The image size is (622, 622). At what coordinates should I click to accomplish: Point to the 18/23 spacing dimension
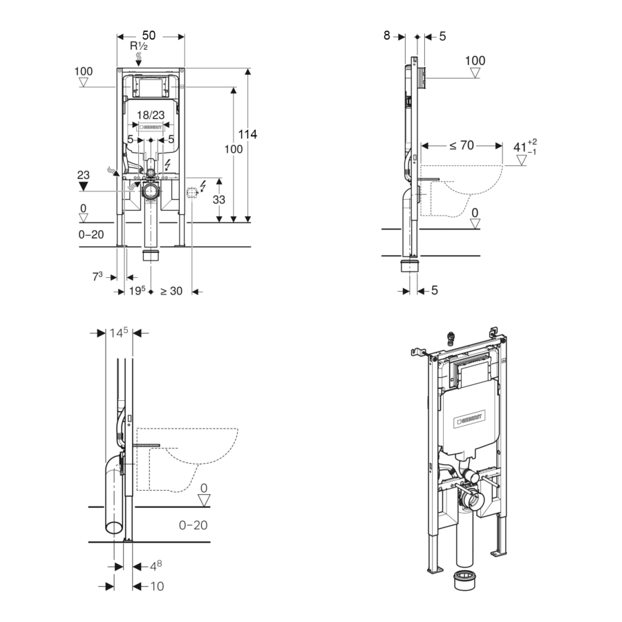(x=150, y=115)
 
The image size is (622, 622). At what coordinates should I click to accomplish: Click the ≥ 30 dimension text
(x=171, y=291)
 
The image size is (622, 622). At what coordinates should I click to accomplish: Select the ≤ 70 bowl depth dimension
(x=461, y=145)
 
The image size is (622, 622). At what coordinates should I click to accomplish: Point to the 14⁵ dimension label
(x=119, y=332)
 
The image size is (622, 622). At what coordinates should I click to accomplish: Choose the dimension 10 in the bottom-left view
(x=157, y=586)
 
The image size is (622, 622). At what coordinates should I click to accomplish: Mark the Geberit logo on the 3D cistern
(x=469, y=418)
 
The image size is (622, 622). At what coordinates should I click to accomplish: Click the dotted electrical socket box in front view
(x=193, y=193)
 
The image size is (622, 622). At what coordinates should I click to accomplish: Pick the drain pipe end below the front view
(x=151, y=256)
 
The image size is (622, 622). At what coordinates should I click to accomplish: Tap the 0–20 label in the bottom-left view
(x=193, y=525)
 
